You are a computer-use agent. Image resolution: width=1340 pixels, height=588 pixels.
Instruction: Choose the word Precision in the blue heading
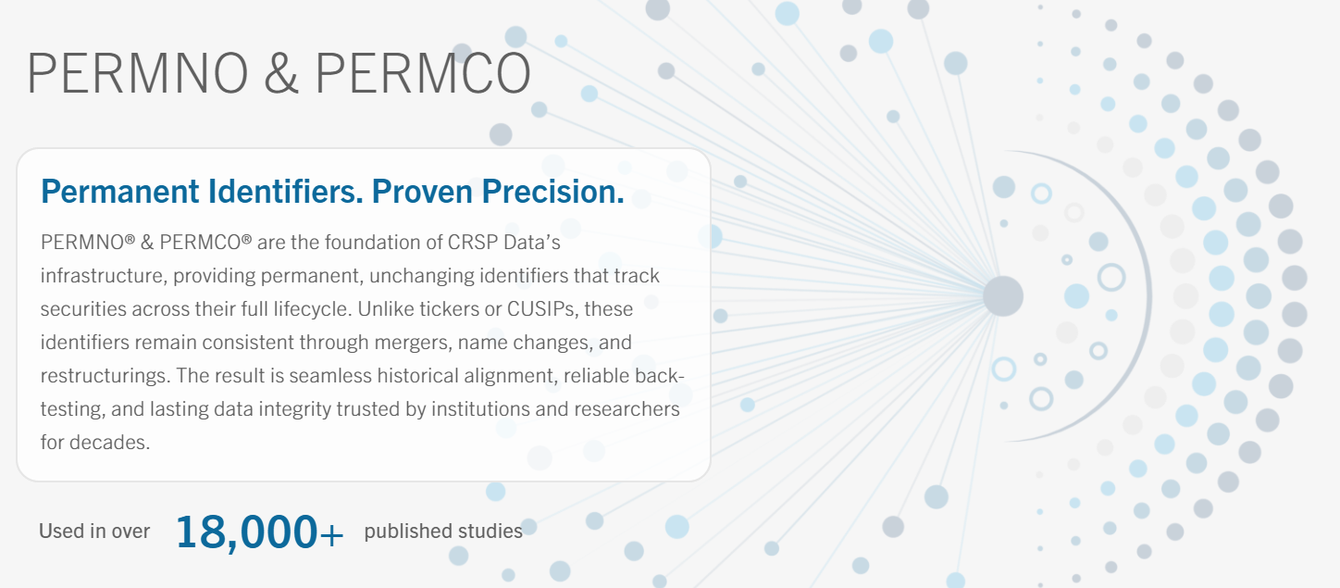552,192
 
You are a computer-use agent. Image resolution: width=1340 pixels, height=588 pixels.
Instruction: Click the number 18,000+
259,532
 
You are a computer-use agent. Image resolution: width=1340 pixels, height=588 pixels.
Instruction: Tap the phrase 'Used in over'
94,532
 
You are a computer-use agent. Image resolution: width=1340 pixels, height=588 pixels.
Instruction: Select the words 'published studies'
443,532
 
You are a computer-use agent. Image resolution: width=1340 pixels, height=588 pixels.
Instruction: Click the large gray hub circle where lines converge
1002,296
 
